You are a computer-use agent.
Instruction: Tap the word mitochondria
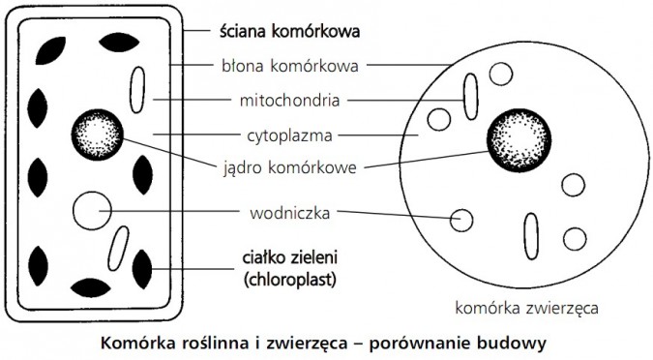(289, 100)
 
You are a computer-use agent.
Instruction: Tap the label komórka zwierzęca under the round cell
(525, 310)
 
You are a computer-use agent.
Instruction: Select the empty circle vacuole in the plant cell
(92, 209)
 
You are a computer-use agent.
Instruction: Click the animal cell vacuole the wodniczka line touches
(463, 221)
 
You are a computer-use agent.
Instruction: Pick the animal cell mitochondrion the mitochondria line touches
(471, 96)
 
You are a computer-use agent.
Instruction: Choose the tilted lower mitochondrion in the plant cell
(118, 248)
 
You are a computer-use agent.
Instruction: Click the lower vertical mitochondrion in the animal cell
(531, 236)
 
